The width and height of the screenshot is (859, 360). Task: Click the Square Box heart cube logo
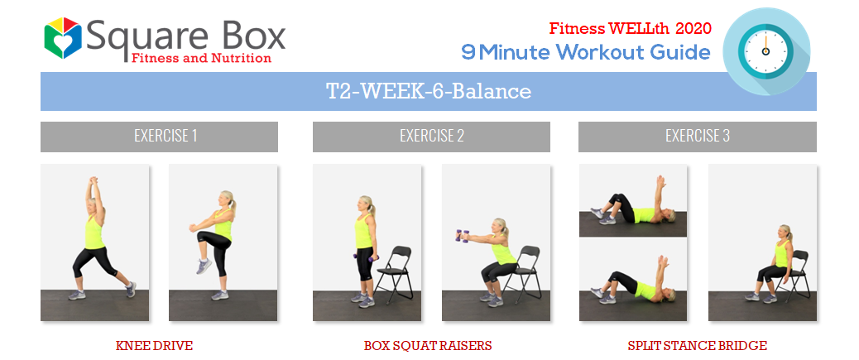63,38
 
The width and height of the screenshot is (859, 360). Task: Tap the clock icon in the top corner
765,51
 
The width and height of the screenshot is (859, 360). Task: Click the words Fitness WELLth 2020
630,28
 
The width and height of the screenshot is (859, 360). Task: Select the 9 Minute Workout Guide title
586,52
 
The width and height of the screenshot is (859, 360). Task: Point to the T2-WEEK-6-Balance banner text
429,91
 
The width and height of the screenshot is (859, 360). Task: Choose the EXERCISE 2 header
432,136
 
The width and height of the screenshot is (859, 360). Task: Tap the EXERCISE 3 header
698,136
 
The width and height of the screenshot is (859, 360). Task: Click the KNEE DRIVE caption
155,346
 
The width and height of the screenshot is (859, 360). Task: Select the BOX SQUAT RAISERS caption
428,346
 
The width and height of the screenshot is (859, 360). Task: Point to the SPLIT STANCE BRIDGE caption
698,346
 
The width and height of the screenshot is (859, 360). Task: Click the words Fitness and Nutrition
201,58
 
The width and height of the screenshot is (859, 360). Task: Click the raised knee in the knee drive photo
204,238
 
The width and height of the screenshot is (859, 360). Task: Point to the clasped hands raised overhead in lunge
94,180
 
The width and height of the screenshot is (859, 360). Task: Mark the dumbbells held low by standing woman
365,257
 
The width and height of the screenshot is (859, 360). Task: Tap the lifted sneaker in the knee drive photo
204,266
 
